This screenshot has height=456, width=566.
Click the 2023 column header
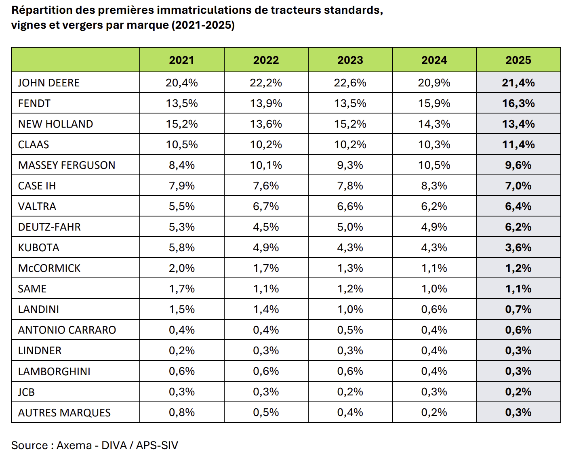pos(350,60)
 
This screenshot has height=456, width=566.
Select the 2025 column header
pos(518,60)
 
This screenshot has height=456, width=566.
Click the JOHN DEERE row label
pos(49,83)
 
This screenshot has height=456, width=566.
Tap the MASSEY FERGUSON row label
pos(67,165)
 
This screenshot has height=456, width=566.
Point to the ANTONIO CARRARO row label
pos(67,330)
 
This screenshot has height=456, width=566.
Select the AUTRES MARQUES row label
pos(64,413)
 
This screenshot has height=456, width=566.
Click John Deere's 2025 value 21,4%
pos(518,83)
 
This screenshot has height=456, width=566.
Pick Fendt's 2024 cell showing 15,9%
pos(434,103)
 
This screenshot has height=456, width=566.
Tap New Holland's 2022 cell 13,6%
pos(266,124)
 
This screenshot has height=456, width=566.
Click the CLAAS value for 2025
pos(518,145)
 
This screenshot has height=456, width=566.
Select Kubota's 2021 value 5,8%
pos(182,248)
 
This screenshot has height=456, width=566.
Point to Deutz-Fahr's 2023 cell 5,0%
pos(350,227)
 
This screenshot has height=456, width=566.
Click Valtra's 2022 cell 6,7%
pos(266,206)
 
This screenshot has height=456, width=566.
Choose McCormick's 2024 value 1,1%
pos(434,268)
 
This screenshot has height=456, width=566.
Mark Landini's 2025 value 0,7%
pos(518,309)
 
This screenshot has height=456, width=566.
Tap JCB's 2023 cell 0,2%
pos(350,392)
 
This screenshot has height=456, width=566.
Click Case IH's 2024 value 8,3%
pos(434,186)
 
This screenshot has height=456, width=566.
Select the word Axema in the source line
pos(74,445)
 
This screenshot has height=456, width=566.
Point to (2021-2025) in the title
pos(203,25)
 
